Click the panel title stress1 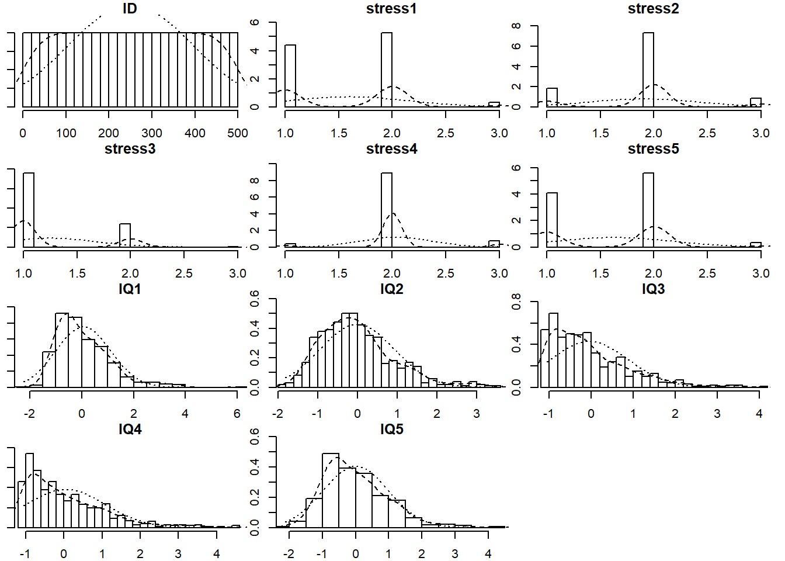pyautogui.click(x=391, y=9)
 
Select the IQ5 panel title pyautogui.click(x=391, y=430)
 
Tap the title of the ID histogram pyautogui.click(x=130, y=9)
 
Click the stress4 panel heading pyautogui.click(x=391, y=149)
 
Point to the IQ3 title pyautogui.click(x=653, y=289)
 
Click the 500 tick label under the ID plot pyautogui.click(x=238, y=133)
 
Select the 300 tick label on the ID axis pyautogui.click(x=152, y=133)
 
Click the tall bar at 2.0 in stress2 pyautogui.click(x=648, y=70)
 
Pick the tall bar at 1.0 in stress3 pyautogui.click(x=28, y=210)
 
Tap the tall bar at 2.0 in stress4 pyautogui.click(x=387, y=210)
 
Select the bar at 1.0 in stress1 pyautogui.click(x=290, y=76)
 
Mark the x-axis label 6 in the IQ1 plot pyautogui.click(x=237, y=414)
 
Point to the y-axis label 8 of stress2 pyautogui.click(x=516, y=26)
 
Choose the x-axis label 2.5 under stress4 pyautogui.click(x=446, y=273)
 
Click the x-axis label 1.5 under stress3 pyautogui.click(x=77, y=273)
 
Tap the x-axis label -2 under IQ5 pyautogui.click(x=289, y=554)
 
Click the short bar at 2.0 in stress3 pyautogui.click(x=125, y=236)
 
